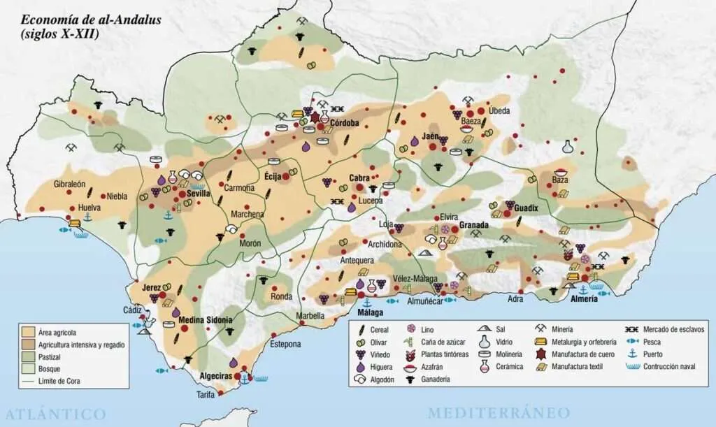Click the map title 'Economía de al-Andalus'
91,20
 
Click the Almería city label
583,298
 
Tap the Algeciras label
215,376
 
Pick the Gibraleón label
69,184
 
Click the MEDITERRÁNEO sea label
499,412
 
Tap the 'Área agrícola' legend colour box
29,332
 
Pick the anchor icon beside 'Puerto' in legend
631,354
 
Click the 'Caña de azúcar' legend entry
439,342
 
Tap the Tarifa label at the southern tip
206,396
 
